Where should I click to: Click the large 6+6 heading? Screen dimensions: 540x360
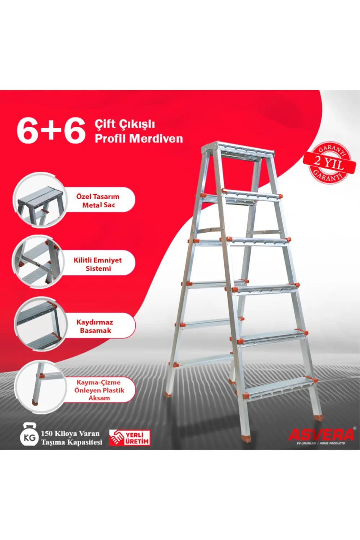click(x=51, y=130)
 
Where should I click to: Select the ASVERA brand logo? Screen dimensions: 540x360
click(x=321, y=435)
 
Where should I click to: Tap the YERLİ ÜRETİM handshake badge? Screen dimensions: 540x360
click(x=130, y=437)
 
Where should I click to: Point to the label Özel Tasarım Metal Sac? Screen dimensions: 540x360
click(x=98, y=201)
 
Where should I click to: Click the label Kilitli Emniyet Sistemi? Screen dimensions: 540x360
click(x=98, y=264)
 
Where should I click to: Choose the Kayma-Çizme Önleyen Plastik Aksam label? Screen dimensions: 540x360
click(x=99, y=390)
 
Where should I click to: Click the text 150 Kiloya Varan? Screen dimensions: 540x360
click(x=70, y=433)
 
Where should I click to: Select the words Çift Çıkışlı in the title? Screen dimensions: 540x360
click(x=125, y=124)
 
